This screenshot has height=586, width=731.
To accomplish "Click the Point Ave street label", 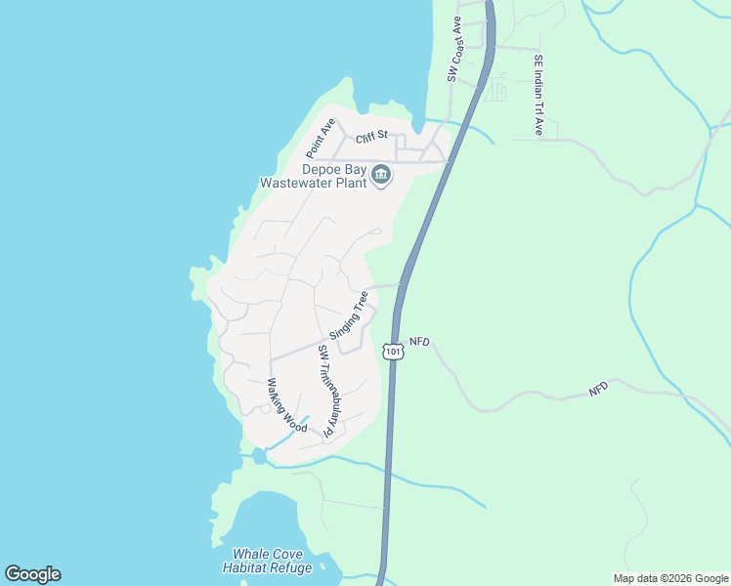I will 321,138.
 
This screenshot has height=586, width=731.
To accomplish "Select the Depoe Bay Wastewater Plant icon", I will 381,176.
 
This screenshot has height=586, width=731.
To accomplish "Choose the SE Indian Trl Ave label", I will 537,94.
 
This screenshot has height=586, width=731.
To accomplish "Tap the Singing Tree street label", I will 349,314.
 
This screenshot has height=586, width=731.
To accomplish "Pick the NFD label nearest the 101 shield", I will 419,341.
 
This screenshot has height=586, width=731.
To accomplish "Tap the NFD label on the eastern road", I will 598,389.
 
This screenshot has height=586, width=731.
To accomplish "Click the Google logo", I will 32,574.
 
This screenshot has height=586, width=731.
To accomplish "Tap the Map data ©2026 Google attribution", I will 670,578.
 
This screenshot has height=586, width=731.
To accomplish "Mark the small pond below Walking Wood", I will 258,456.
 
